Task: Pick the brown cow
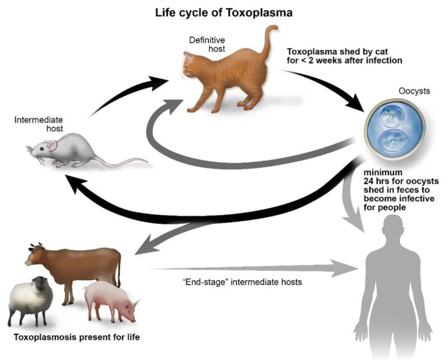(x=81, y=265)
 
